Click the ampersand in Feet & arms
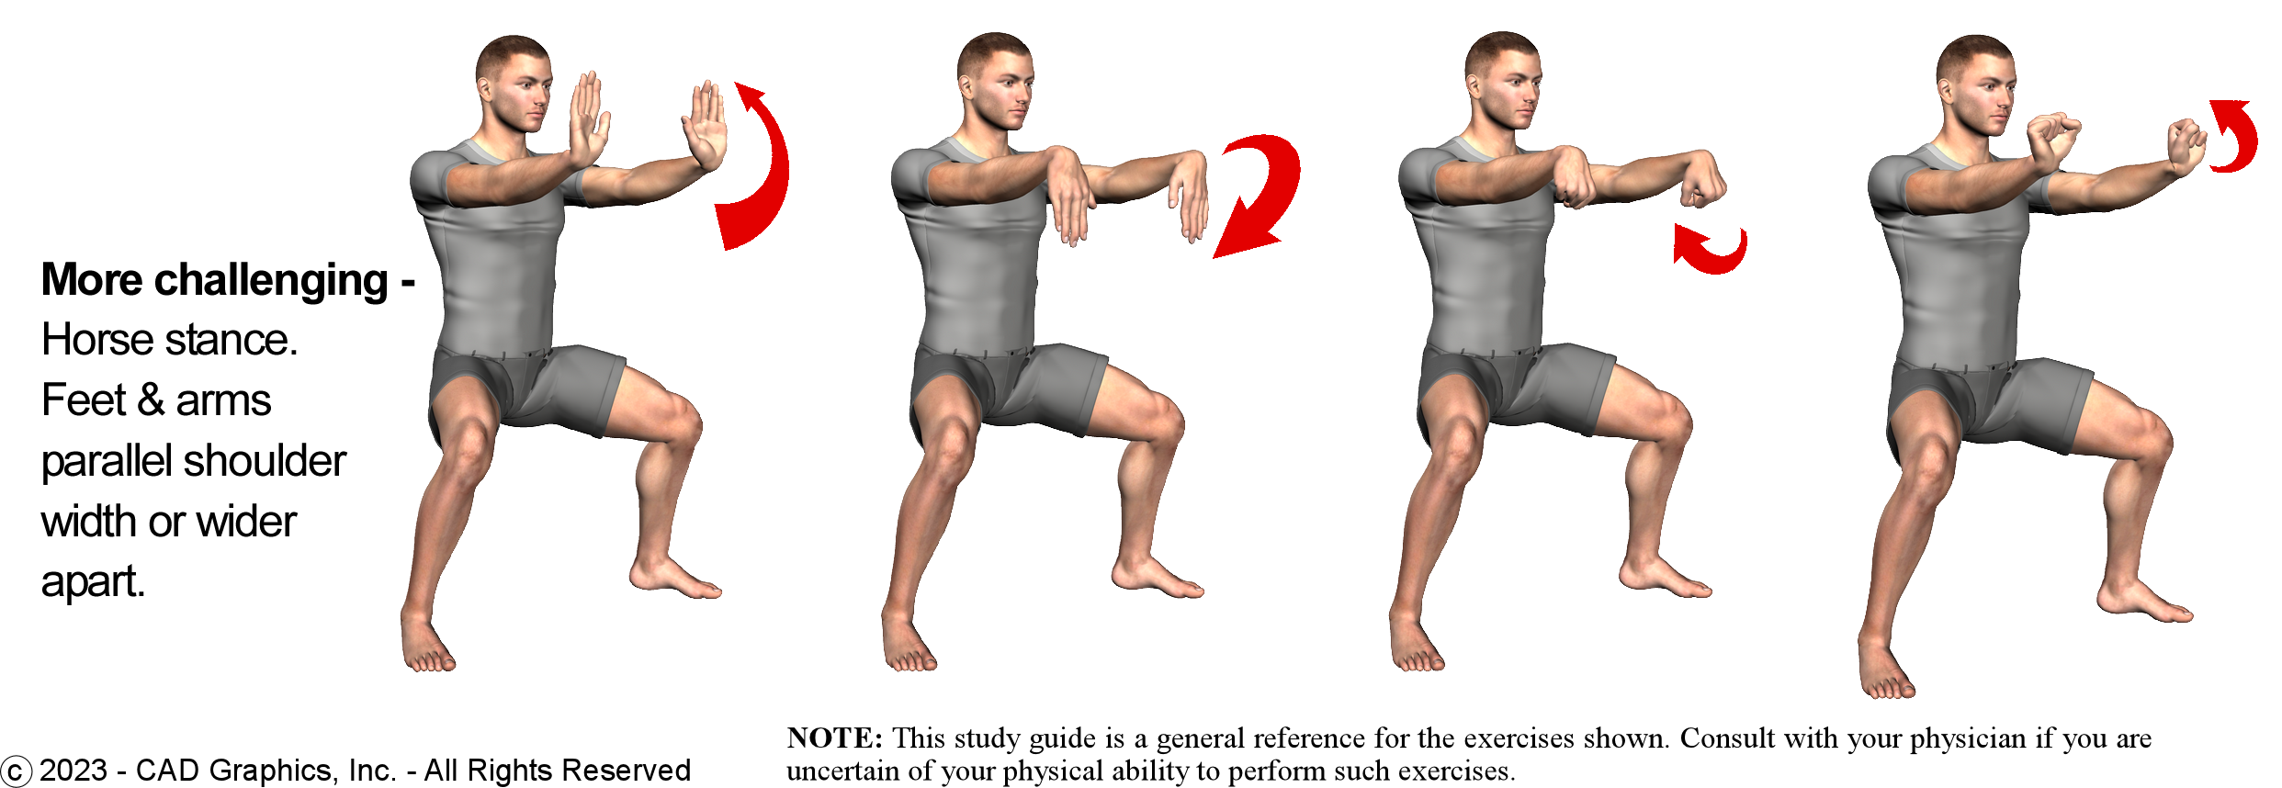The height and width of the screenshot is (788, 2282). click(x=150, y=400)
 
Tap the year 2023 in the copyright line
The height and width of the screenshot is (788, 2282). click(x=73, y=770)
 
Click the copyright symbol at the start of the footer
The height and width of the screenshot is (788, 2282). click(x=16, y=771)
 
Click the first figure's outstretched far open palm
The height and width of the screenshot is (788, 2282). click(x=705, y=126)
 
